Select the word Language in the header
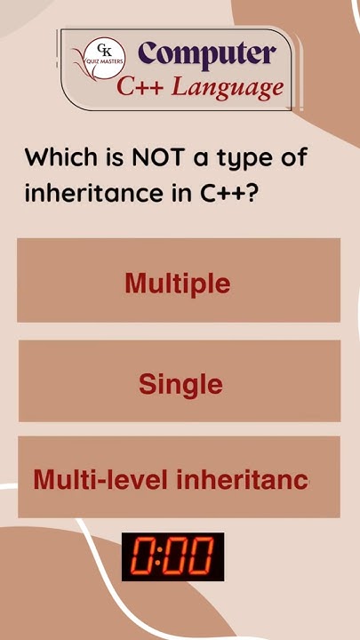[228, 87]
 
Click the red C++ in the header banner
[142, 87]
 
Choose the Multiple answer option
[178, 284]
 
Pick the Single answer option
[180, 385]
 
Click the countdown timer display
[172, 556]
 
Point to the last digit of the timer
[201, 557]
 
